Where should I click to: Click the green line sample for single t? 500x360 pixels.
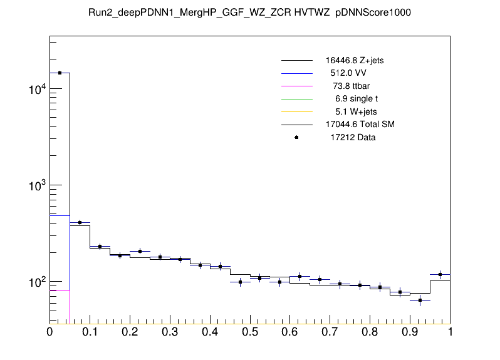296,99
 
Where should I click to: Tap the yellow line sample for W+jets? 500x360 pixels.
296,111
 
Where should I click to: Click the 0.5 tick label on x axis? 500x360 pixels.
250,331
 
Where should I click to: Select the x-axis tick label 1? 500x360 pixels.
450,331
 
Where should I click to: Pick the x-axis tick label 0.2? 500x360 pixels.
130,331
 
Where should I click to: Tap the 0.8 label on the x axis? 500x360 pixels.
370,331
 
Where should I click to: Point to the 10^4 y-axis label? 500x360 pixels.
36,90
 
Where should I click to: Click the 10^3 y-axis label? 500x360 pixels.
36,186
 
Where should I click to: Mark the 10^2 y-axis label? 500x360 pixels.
36,282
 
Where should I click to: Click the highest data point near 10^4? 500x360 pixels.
60,73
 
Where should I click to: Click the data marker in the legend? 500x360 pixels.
296,137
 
